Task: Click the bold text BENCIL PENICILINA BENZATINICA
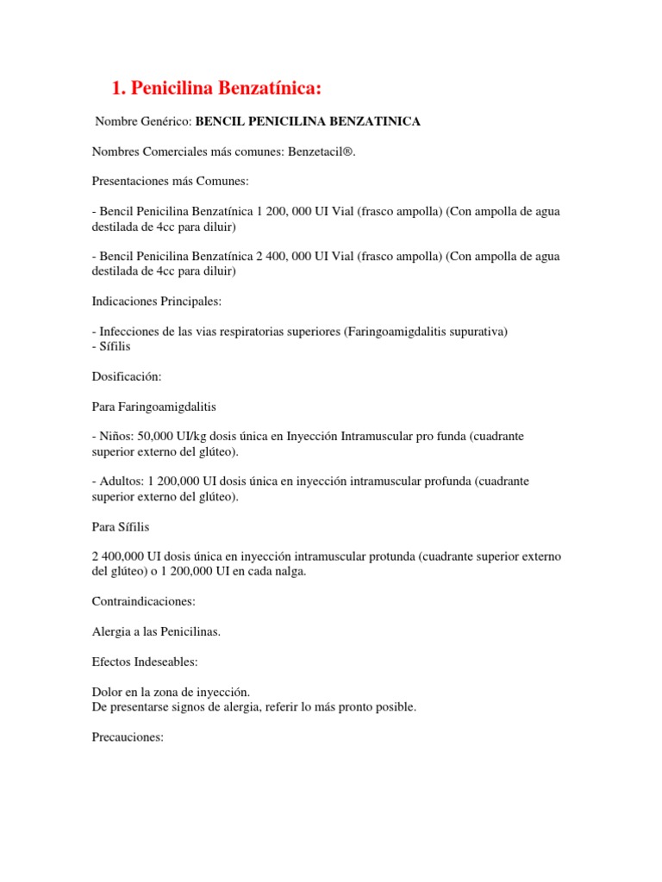(x=309, y=121)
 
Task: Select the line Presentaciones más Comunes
(x=170, y=183)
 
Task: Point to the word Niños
(x=116, y=437)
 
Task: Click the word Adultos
(x=120, y=481)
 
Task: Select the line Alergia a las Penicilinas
(x=156, y=631)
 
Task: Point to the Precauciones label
(x=128, y=737)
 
